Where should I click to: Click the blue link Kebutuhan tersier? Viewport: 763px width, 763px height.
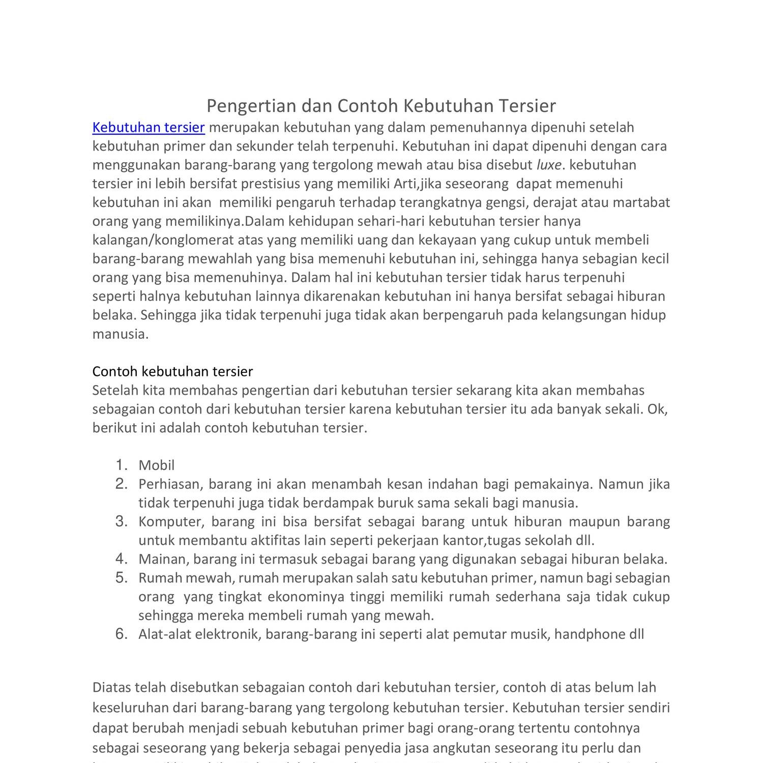point(149,127)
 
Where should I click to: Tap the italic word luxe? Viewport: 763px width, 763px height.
point(549,165)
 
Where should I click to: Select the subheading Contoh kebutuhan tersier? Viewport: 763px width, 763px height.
point(172,371)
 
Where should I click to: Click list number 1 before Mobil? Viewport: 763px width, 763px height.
point(121,465)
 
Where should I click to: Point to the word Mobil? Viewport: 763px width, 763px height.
point(156,465)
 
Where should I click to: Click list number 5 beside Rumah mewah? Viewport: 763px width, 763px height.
point(121,577)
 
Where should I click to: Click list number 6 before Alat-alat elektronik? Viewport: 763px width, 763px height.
point(121,634)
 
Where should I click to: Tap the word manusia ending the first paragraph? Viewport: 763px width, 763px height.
point(120,334)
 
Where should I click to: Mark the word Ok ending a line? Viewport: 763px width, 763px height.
point(657,409)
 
